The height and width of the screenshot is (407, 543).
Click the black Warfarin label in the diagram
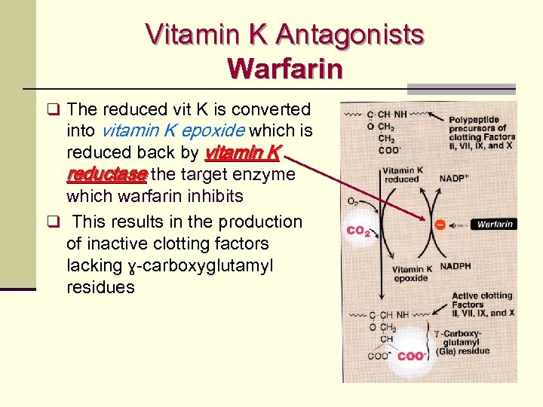tap(495, 224)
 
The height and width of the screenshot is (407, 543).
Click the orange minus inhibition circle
tap(440, 224)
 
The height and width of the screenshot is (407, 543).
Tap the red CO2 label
tap(357, 231)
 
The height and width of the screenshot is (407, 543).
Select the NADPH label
tap(456, 266)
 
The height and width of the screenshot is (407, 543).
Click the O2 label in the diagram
tap(352, 201)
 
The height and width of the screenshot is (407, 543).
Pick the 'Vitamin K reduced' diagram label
tap(401, 175)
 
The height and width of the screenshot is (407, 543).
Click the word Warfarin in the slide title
tap(284, 69)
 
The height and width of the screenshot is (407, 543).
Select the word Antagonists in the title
tap(350, 35)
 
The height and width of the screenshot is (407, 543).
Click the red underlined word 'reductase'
tap(106, 175)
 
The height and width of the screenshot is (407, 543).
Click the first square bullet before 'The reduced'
tap(52, 109)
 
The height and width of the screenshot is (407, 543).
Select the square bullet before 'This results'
tap(52, 222)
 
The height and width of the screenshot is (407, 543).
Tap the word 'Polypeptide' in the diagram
tap(478, 119)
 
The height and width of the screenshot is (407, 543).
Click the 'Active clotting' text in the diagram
tap(481, 295)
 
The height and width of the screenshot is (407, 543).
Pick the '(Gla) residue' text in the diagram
tap(462, 351)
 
